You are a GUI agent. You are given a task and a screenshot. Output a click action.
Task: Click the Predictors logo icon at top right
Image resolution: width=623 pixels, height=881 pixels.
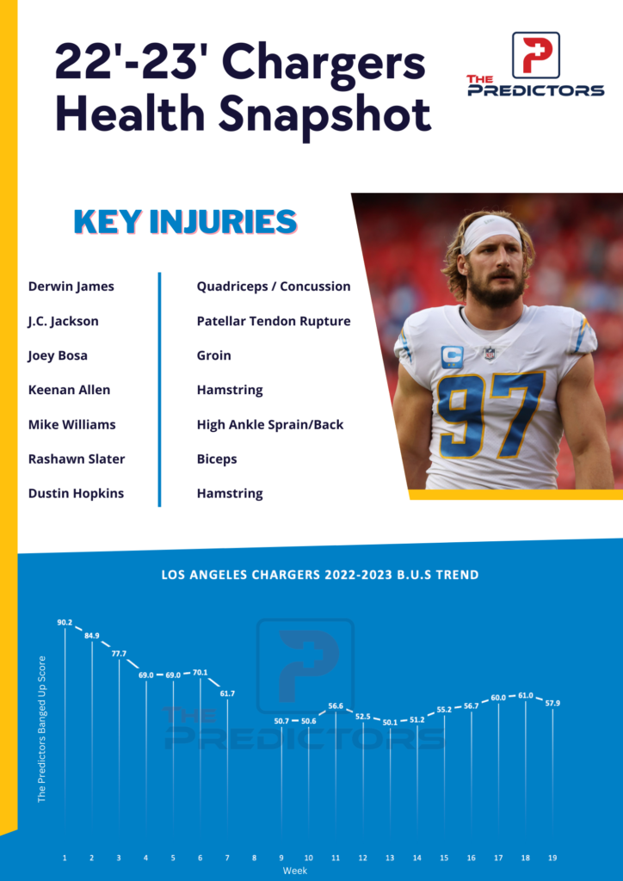(535, 54)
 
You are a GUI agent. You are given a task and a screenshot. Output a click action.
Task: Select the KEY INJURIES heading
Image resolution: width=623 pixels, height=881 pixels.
(185, 221)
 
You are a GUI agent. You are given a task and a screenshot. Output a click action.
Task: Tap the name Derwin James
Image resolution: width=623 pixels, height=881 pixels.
(71, 286)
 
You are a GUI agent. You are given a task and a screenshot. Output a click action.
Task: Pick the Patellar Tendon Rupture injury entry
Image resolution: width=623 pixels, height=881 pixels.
(274, 321)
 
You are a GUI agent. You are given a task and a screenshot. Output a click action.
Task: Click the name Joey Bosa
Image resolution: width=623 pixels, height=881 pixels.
(58, 355)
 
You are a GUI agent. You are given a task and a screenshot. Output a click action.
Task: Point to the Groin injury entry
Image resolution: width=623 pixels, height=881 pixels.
(213, 355)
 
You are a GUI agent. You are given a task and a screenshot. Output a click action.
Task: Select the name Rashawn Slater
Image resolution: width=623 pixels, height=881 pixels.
(76, 459)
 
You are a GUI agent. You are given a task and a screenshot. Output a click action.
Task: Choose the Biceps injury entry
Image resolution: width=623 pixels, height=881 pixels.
(217, 459)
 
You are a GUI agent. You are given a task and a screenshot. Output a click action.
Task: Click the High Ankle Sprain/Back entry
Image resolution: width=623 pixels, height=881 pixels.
(270, 424)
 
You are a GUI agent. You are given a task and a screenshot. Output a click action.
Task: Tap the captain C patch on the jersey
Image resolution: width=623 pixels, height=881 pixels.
(453, 356)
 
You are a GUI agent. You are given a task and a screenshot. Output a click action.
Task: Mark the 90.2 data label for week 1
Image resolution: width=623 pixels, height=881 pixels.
(65, 621)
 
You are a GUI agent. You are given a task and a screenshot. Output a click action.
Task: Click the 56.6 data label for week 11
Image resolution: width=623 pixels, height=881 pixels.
(336, 706)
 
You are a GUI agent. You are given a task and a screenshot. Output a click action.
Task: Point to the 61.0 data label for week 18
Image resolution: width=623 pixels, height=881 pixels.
(525, 695)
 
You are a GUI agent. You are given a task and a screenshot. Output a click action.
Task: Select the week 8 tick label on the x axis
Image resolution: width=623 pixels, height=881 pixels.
(254, 858)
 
